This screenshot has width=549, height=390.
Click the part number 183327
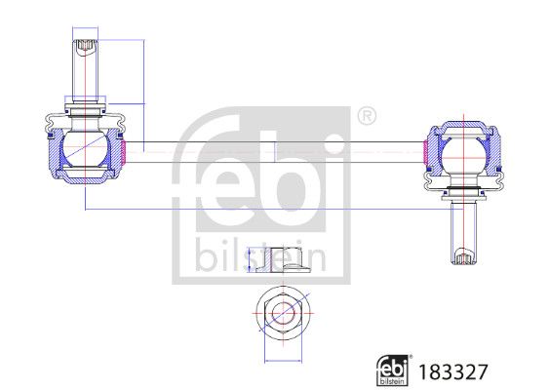click(x=452, y=370)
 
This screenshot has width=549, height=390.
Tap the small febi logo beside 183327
click(x=393, y=370)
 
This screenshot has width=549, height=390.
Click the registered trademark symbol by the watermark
click(x=366, y=116)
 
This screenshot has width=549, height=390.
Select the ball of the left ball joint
click(x=82, y=150)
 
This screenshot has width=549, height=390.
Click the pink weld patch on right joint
click(x=424, y=151)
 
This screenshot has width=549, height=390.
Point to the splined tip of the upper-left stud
click(x=84, y=43)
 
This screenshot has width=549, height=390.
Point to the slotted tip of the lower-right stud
click(x=462, y=257)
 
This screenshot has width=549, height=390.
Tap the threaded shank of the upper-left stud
click(x=84, y=73)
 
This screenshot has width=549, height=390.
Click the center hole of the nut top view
click(x=282, y=314)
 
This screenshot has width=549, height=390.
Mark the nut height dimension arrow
click(x=250, y=259)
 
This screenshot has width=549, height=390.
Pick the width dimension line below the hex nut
click(x=282, y=358)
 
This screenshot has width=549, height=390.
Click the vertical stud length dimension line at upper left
click(x=143, y=88)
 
